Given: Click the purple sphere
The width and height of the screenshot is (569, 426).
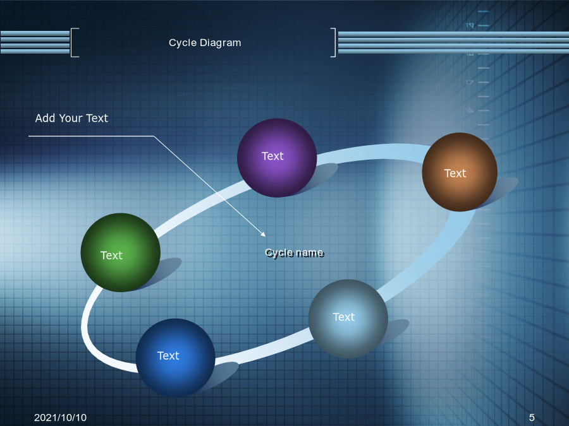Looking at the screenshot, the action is point(277,158).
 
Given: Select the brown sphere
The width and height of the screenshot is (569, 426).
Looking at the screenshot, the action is point(460,172).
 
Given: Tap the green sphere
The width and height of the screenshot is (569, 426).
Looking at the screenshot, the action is point(121,252).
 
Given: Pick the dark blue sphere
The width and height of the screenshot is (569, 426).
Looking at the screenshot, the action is point(175,358).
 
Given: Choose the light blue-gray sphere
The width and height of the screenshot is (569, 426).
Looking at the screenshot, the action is point(348,319).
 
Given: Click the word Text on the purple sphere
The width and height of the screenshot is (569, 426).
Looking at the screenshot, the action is point(272,156).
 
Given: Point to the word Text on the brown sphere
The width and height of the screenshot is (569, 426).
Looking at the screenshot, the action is point(455,174).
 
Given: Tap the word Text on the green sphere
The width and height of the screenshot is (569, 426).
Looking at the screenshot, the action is point(111,256).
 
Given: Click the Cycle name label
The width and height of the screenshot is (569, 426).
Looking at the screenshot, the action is point(294,253).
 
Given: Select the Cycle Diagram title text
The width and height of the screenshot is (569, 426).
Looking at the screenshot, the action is point(205,43).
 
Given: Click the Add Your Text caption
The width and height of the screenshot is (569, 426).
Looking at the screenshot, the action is point(71,118).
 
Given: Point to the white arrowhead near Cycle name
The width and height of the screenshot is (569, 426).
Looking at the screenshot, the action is point(264,235).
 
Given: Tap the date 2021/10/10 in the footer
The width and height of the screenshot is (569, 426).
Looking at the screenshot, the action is point(60,418).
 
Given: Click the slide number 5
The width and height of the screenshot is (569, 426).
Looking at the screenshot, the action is point(532,418).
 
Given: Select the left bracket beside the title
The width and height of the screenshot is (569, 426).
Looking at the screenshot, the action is point(75,42).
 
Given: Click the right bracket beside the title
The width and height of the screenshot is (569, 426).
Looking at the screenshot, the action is point(333,42).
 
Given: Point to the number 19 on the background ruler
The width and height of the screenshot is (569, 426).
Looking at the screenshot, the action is point(470,25).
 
